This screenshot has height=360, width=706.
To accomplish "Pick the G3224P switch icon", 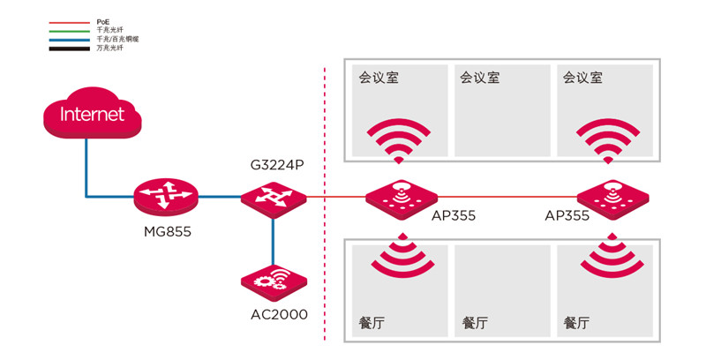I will coord(273,197).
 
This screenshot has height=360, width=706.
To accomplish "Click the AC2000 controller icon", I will coord(274,281).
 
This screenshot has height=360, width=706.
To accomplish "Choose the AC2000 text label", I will coord(277,314).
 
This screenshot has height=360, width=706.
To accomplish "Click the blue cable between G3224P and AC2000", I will coord(273,238).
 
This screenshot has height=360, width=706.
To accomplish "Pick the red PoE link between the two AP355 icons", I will coord(507,197).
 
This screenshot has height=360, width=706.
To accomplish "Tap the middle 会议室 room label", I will coord(480,78).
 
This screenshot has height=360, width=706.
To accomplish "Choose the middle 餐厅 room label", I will coord(475,323).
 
